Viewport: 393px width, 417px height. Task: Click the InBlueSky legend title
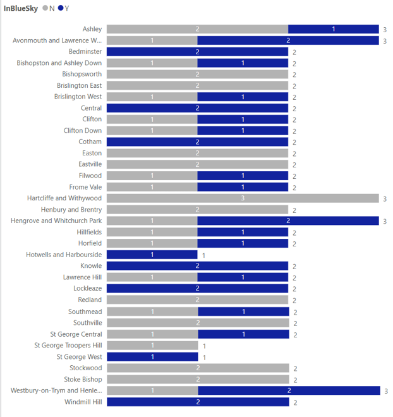point(20,8)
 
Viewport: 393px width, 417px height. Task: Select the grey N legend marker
point(45,8)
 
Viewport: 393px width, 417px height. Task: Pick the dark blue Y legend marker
point(61,8)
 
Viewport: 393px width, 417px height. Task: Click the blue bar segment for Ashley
point(334,29)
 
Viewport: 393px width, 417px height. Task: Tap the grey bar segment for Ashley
point(197,29)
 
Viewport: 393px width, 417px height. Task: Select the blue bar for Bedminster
point(197,52)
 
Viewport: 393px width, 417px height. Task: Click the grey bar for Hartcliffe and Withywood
point(243,198)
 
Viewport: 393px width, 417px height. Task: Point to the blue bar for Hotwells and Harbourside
point(152,255)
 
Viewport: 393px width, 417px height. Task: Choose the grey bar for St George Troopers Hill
point(152,346)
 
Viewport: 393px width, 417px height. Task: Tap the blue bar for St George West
point(152,357)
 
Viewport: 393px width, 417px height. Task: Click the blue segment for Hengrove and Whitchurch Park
point(288,221)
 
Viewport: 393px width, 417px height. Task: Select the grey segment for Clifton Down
point(152,131)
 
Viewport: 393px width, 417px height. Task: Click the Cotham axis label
point(90,142)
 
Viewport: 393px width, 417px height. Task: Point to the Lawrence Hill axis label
point(82,277)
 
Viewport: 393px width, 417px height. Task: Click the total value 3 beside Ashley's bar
point(385,30)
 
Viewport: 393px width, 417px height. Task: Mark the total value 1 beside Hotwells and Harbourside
point(203,255)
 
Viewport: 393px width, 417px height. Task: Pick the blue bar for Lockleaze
point(197,289)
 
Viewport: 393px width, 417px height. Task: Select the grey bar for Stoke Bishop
point(197,379)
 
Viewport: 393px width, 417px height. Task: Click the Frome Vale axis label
point(85,187)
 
